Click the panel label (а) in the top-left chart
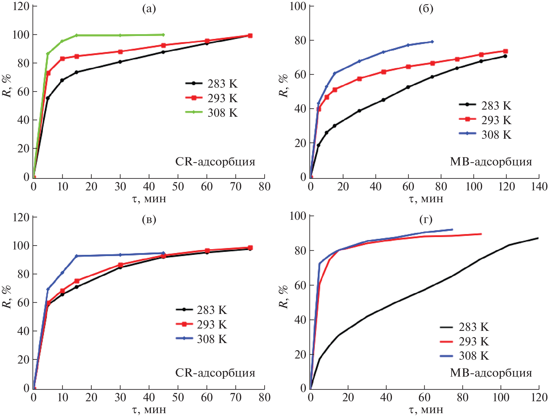coord(149,9)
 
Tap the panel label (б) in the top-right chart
coord(426,9)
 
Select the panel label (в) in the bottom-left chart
coord(149,219)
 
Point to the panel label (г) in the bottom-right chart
coord(426,219)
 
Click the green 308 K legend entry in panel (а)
coord(212,113)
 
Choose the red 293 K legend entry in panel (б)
coord(485,120)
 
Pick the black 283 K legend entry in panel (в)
coord(202,310)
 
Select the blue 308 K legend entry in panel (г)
coord(465,356)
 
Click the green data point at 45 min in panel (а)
coord(163,35)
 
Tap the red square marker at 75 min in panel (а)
coord(250,36)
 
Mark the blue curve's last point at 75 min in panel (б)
coord(432,42)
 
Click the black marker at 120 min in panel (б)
coord(505,56)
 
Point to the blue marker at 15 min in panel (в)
coord(77,256)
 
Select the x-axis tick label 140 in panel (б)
coord(539,187)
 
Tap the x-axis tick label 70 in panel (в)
coord(236,397)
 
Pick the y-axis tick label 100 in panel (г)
coord(298,216)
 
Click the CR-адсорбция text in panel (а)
coord(215,162)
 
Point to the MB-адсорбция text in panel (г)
coord(491,372)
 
